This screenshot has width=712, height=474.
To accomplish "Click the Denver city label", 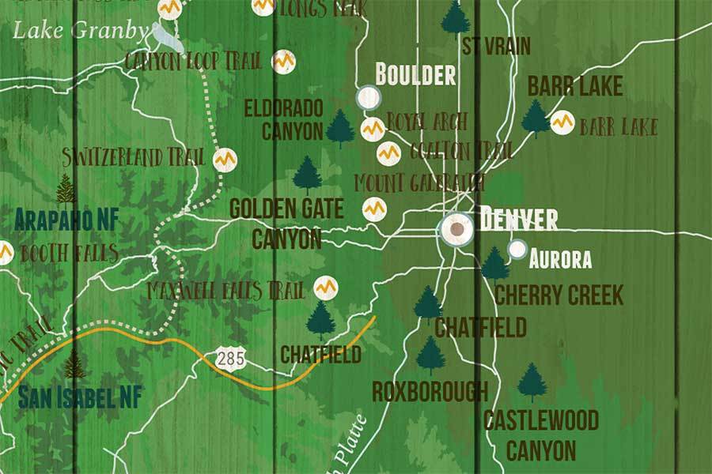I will coord(518,219).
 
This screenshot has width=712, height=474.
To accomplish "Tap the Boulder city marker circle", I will coord(368,98).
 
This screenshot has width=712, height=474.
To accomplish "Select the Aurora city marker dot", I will coord(517,250).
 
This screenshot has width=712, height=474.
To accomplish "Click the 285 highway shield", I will coord(230,359).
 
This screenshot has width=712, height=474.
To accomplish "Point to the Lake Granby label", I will coord(81,31).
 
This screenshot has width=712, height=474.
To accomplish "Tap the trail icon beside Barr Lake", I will coord(562,122).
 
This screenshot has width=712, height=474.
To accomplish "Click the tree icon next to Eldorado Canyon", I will coord(340,128).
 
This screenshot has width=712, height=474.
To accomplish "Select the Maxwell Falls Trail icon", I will coord(325,288).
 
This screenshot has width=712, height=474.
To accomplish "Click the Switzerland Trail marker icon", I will coord(225,159).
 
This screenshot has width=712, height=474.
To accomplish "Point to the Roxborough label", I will coord(430,390).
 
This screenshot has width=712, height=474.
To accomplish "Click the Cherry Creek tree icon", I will coord(495,265).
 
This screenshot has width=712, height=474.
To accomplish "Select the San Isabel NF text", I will coord(81,396).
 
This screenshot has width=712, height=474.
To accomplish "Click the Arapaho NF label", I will coord(66,220).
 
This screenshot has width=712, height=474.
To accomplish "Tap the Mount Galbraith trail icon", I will coord(374,209).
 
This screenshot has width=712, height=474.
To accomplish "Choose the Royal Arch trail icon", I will coord(372,129).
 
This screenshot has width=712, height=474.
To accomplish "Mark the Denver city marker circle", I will coord(457,229).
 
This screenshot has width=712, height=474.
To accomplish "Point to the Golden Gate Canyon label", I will coord(286,224).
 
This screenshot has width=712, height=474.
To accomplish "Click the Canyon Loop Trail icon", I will coord(283,62).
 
